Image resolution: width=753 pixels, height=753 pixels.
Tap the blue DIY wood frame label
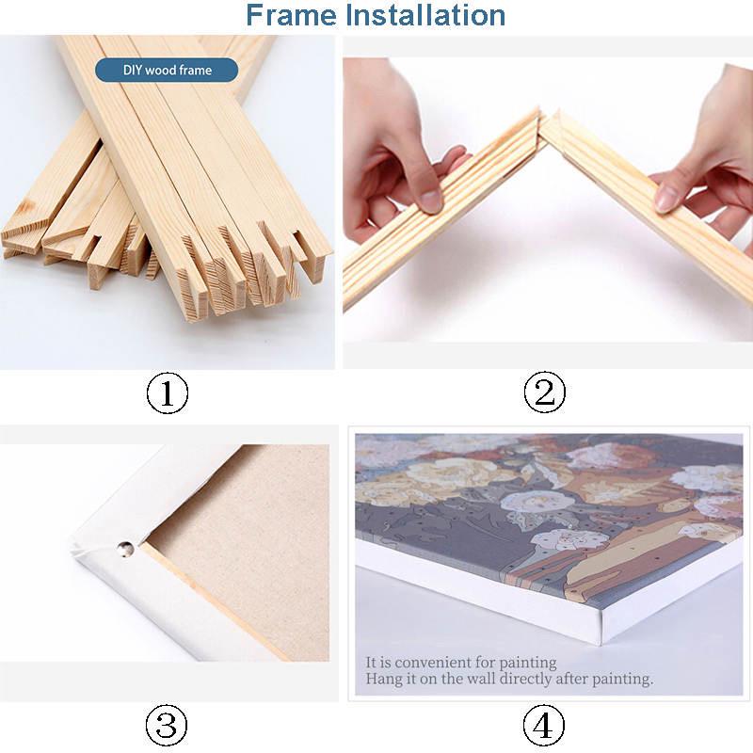pos(167,70)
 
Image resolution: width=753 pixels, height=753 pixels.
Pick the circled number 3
pos(167,726)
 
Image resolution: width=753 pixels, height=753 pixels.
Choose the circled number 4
pos(544,726)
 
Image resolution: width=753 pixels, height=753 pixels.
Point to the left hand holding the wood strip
pos(395,160)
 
